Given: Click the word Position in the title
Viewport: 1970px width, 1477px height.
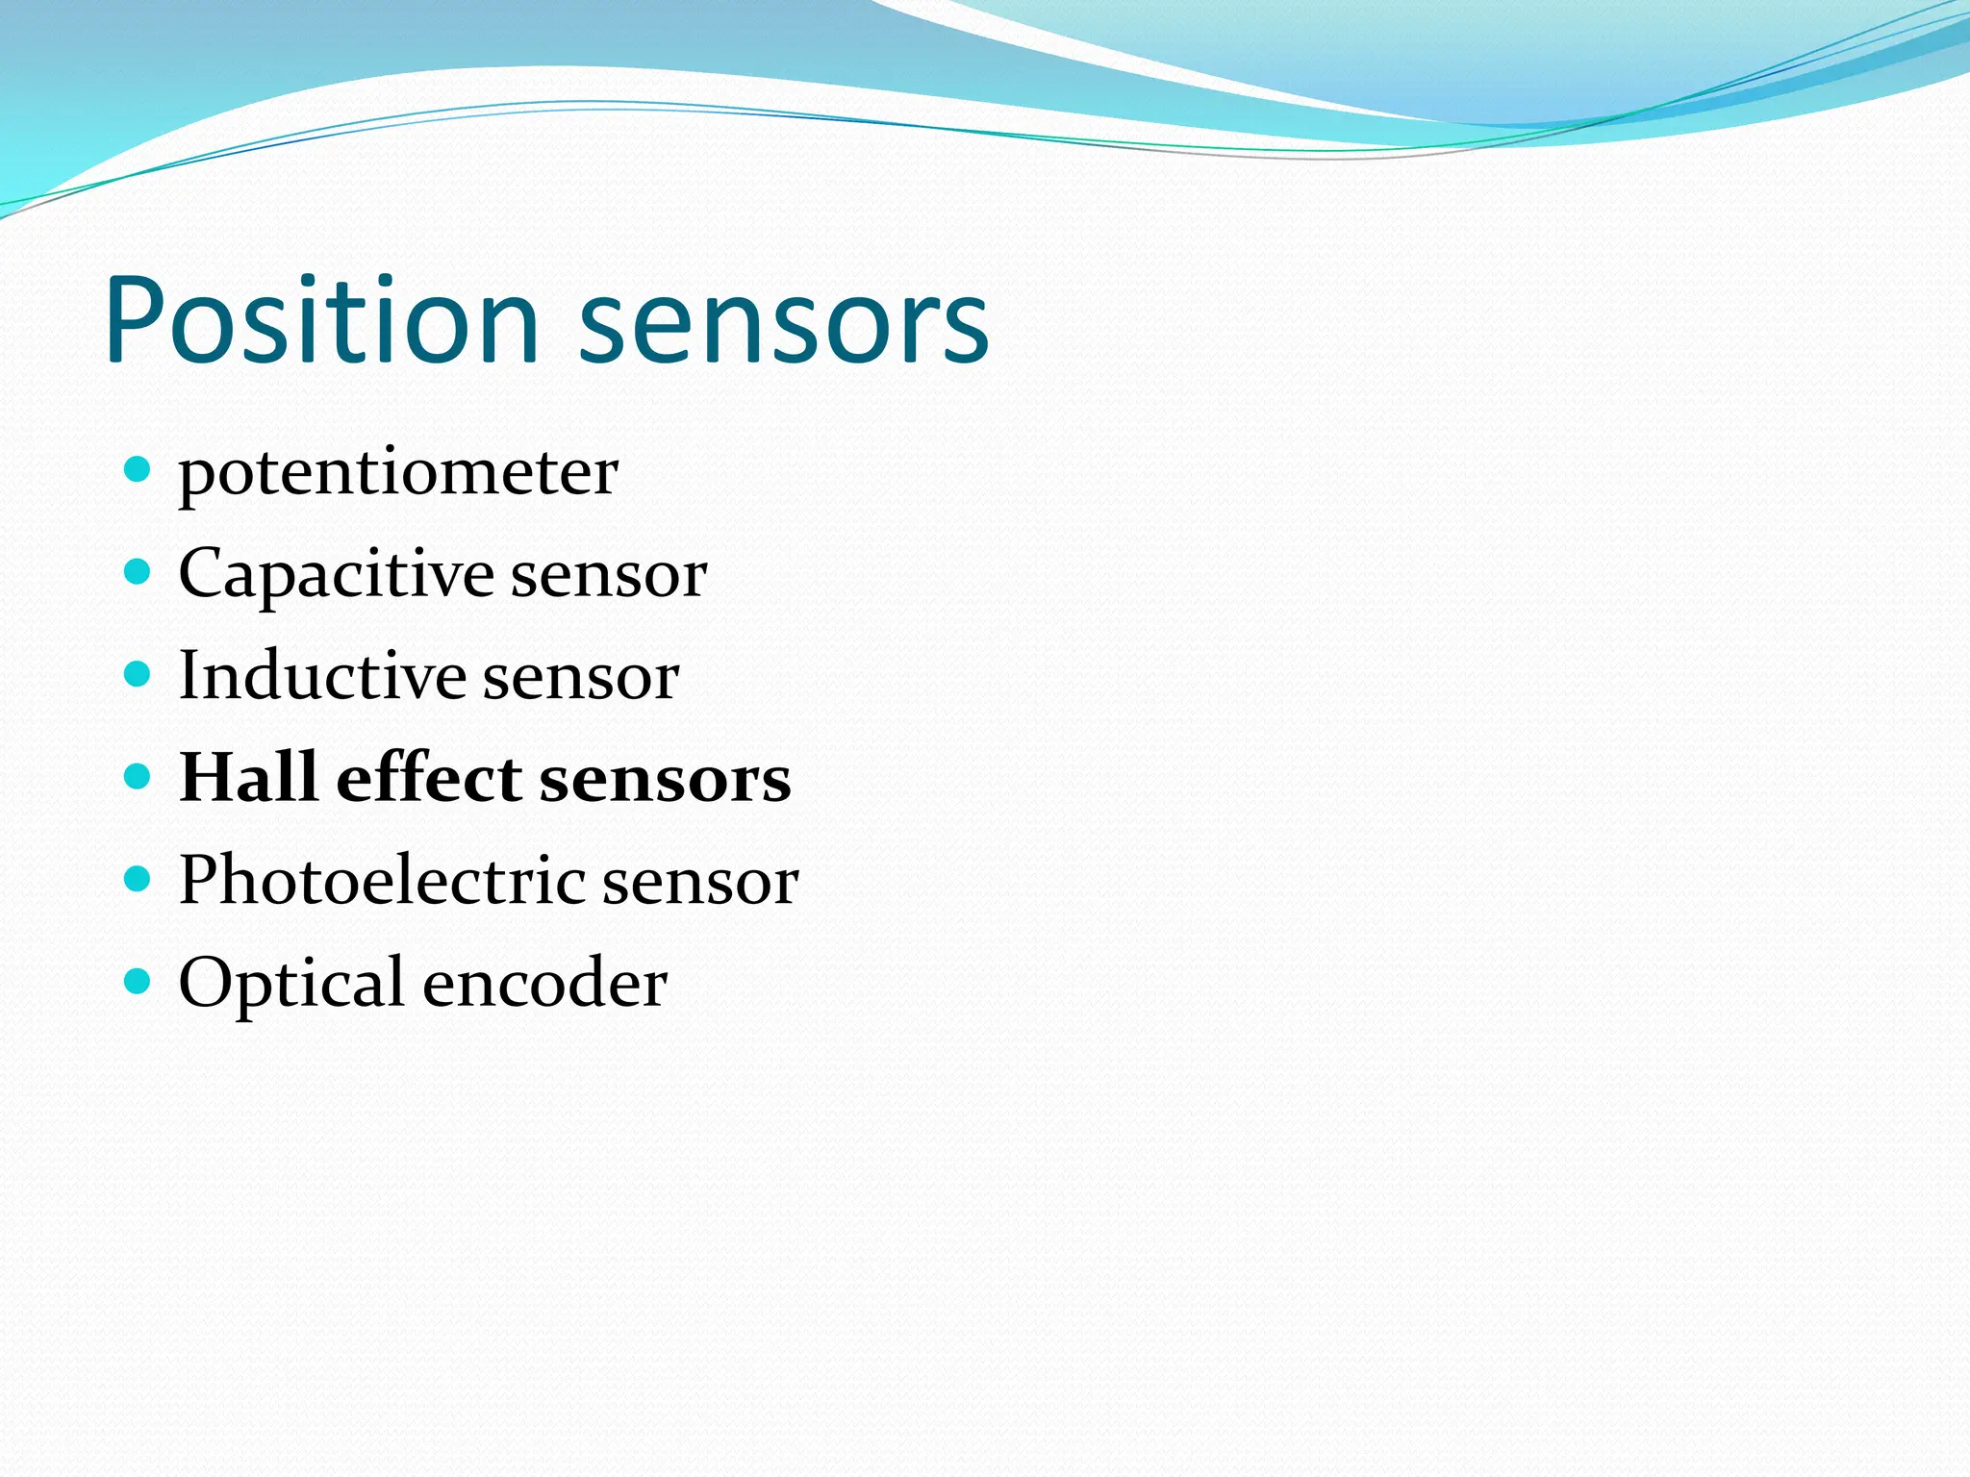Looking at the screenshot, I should [x=322, y=322].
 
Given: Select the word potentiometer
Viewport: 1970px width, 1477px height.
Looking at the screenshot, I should [x=398, y=474].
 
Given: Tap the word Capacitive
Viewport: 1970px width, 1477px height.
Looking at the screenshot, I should [x=336, y=575].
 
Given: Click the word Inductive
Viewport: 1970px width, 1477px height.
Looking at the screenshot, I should [x=322, y=675].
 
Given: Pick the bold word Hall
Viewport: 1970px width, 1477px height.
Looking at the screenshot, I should [x=249, y=777].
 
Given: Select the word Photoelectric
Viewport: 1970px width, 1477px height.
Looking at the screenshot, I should [x=382, y=879].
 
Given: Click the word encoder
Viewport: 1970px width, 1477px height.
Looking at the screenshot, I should [x=544, y=984].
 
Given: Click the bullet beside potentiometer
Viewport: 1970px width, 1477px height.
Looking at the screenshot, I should [x=139, y=470].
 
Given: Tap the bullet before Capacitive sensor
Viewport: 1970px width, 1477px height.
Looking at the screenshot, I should [x=139, y=572].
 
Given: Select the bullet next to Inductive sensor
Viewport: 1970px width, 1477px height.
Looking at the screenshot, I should [x=139, y=674].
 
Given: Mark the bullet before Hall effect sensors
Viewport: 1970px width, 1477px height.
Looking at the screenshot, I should [x=139, y=776].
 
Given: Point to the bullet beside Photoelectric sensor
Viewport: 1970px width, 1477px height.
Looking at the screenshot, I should [x=139, y=878].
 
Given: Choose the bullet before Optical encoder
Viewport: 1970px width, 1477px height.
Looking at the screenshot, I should [x=139, y=981].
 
